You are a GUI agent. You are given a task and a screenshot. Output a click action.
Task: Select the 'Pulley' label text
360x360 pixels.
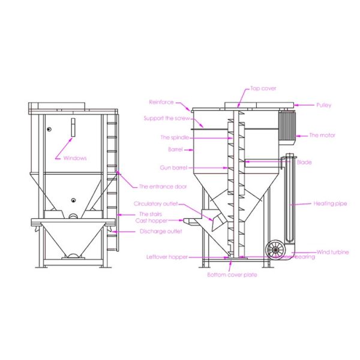[324, 105]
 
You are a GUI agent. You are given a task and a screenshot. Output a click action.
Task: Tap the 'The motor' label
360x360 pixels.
[322, 136]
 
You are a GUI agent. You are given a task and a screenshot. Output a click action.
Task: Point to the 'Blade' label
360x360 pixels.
[321, 162]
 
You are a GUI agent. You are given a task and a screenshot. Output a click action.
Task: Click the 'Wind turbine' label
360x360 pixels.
[332, 252]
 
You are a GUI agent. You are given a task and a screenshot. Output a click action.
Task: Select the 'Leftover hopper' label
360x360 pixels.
[167, 257]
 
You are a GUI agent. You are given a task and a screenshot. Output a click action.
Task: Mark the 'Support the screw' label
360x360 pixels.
[166, 118]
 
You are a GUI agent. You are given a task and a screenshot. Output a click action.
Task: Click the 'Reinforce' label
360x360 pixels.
[161, 102]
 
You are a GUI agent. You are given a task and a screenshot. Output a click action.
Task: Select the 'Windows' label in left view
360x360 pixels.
[75, 158]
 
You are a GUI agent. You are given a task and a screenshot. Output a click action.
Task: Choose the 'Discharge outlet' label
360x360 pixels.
[160, 231]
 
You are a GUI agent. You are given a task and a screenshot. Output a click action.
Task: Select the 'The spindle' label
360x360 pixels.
[175, 137]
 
